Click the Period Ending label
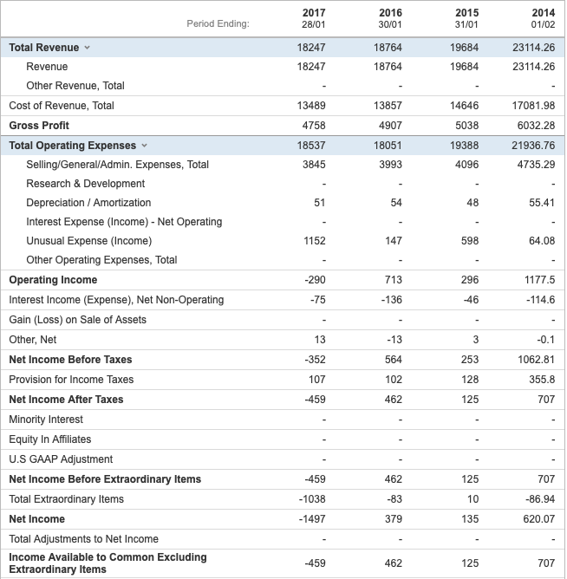coord(218,23)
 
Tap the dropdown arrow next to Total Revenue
coord(87,48)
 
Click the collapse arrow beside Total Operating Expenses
coord(144,146)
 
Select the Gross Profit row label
coord(39,126)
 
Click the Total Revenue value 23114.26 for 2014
coord(533,48)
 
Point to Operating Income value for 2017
coord(315,280)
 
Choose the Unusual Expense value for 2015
coord(466,241)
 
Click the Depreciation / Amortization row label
coord(88,203)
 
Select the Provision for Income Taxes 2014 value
coord(542,380)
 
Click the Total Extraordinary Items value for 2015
coord(471,499)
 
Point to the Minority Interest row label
coord(46,420)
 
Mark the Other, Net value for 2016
coord(393,340)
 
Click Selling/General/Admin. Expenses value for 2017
coord(314,165)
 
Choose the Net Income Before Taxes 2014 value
coord(536,360)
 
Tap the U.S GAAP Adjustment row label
coord(61,459)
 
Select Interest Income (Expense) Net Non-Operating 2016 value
coord(390,300)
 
